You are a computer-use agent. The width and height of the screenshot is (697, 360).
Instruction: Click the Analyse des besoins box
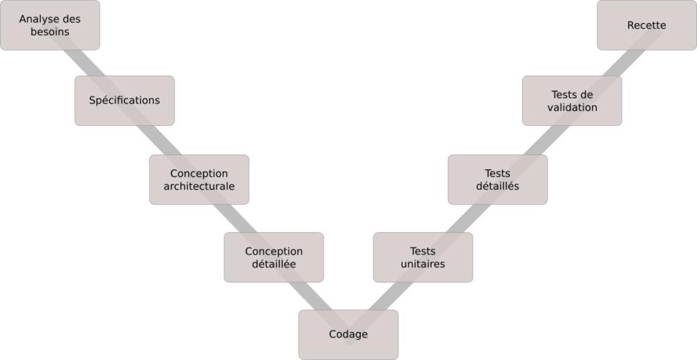(x=49, y=25)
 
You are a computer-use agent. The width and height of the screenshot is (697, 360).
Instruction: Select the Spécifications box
(x=124, y=101)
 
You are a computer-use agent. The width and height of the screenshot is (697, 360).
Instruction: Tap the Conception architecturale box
(x=199, y=180)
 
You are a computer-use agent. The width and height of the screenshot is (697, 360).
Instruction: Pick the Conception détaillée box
(x=274, y=257)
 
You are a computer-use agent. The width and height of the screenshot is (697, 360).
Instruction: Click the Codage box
(x=348, y=335)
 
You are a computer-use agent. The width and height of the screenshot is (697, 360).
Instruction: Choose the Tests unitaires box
(x=423, y=257)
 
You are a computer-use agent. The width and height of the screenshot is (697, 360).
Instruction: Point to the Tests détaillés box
(x=497, y=180)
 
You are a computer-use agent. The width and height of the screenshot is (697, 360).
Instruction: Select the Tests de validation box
(x=572, y=101)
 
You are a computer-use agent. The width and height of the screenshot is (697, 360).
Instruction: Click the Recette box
(x=646, y=25)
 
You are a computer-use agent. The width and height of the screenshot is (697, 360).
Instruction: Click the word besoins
(x=49, y=32)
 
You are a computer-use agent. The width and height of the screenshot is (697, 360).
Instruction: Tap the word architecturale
(x=199, y=187)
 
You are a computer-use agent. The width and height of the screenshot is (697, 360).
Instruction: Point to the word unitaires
(x=423, y=264)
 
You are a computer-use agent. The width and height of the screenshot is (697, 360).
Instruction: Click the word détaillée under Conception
(x=274, y=264)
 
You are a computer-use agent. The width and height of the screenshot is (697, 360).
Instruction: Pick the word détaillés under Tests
(x=497, y=187)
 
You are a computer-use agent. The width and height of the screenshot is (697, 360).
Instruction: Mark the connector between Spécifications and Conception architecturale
(x=162, y=141)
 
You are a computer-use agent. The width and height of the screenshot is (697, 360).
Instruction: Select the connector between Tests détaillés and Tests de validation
(x=535, y=140)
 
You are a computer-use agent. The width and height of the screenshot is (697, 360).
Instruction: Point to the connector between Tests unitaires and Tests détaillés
(x=461, y=218)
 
